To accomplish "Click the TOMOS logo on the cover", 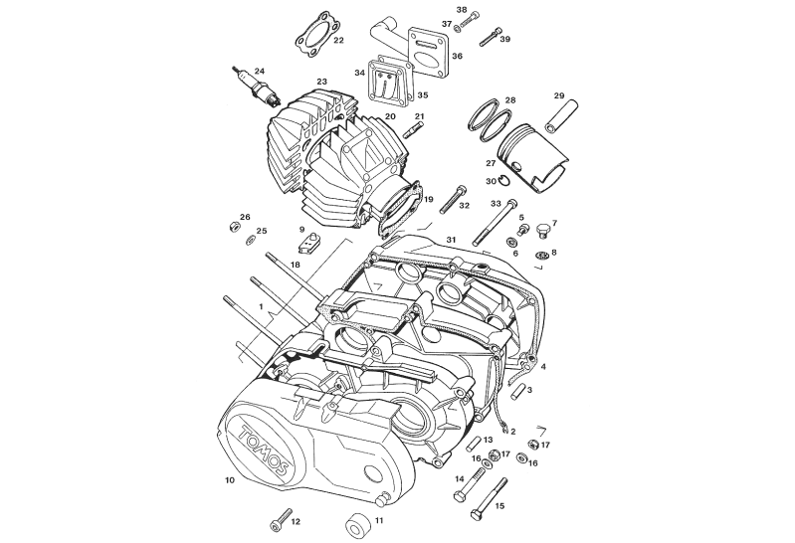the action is (x=263, y=451).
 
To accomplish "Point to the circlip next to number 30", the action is (x=505, y=180).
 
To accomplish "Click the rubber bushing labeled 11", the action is (x=358, y=525).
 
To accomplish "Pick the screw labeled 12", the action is (x=282, y=520).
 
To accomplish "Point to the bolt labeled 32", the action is (x=454, y=200).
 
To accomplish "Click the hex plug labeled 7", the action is (x=542, y=230).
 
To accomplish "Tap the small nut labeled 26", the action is (x=234, y=226).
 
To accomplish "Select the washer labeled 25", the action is (x=250, y=240).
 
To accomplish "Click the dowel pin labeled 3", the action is (x=517, y=392).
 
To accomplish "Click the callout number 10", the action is (x=230, y=479).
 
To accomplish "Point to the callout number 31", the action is (x=452, y=239).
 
